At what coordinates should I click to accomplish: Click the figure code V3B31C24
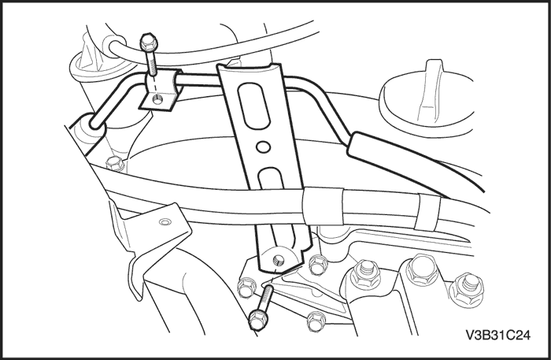click(x=497, y=335)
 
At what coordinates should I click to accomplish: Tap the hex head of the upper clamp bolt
click(x=149, y=42)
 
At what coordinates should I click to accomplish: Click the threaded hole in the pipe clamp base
click(x=157, y=100)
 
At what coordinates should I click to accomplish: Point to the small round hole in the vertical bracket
click(x=263, y=147)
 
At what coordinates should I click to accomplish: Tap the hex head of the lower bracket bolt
click(x=258, y=320)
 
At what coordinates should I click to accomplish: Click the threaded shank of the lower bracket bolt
click(x=266, y=296)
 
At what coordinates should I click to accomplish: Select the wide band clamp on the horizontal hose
click(x=324, y=206)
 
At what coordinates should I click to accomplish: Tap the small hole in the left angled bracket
click(x=165, y=222)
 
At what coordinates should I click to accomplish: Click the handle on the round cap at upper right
click(x=431, y=92)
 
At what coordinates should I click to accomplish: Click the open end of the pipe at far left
click(x=95, y=123)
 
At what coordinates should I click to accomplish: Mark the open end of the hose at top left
click(x=115, y=48)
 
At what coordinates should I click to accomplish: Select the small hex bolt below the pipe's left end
click(x=114, y=164)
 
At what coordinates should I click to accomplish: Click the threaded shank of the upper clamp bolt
click(x=153, y=62)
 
